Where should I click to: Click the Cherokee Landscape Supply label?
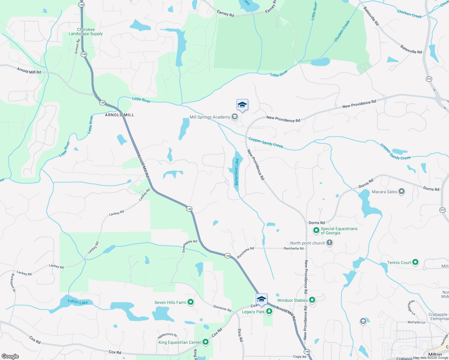coord(86,32)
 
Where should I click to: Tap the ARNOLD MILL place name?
coord(119,115)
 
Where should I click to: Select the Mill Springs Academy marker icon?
coord(235,117)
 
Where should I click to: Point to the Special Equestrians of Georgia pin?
coord(316,230)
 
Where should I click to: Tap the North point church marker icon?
coord(330,243)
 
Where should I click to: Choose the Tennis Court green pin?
coord(415,262)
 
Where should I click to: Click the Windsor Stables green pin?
coord(312,300)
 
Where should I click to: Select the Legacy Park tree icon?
coord(269,311)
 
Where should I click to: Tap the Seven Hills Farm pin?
coord(191,302)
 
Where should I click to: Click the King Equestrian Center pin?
coord(206,342)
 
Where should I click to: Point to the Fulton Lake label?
coord(78,302)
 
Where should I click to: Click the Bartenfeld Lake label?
coord(237,172)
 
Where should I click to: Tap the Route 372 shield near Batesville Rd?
coord(429,79)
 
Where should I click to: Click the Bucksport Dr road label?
coord(13,283)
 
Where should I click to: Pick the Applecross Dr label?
coord(167,335)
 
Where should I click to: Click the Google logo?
coord(10,356)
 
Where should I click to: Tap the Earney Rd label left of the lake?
coord(225,13)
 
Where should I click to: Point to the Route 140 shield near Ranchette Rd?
coord(228,256)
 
